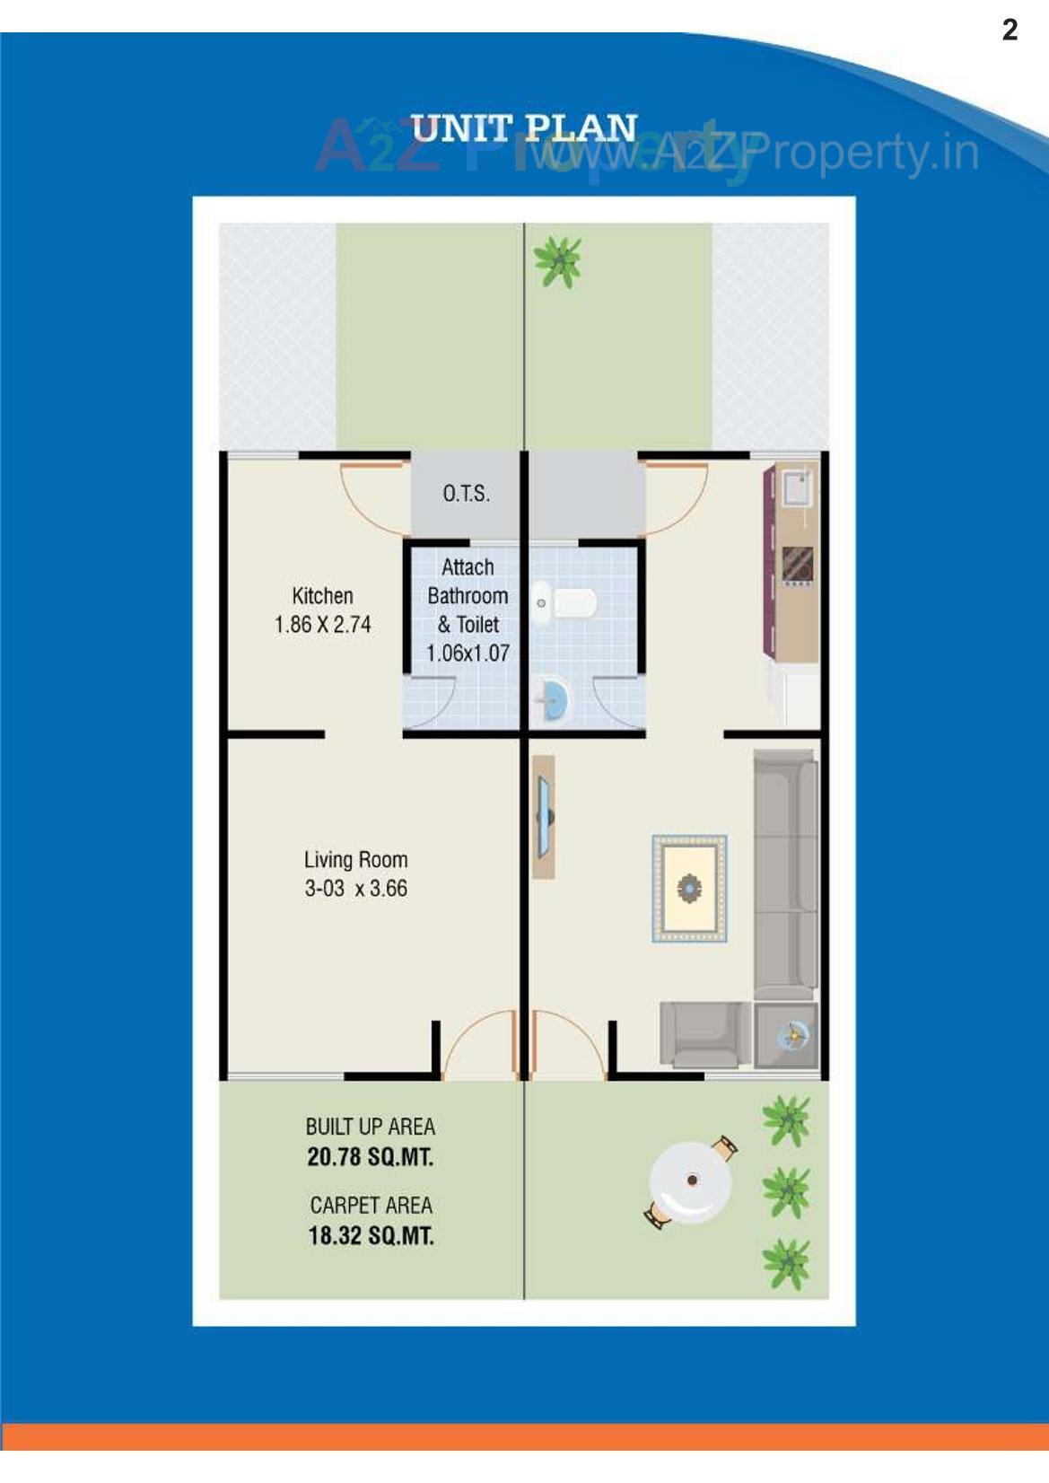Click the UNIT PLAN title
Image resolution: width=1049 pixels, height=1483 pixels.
click(524, 128)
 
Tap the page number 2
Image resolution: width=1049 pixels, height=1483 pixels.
click(1010, 31)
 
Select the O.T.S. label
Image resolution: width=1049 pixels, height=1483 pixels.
click(466, 494)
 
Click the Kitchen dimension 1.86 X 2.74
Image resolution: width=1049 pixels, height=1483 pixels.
click(322, 625)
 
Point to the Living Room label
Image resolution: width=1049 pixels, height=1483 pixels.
click(355, 860)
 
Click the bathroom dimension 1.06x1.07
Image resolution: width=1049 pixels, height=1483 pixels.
click(468, 654)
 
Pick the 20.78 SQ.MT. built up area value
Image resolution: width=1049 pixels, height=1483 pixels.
click(370, 1157)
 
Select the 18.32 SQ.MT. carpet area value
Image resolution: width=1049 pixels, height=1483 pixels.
click(371, 1236)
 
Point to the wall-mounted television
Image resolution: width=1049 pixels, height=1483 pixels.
click(544, 816)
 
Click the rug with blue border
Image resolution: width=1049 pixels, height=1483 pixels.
click(689, 889)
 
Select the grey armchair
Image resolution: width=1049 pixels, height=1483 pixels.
click(704, 1034)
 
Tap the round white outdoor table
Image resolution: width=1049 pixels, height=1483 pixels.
click(690, 1180)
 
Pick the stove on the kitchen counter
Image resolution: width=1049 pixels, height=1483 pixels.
click(797, 565)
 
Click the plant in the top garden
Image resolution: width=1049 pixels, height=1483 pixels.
click(558, 261)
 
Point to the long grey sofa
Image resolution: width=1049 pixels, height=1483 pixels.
click(785, 875)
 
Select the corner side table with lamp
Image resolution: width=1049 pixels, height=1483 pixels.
click(787, 1035)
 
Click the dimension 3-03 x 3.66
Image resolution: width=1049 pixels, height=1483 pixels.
click(355, 889)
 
